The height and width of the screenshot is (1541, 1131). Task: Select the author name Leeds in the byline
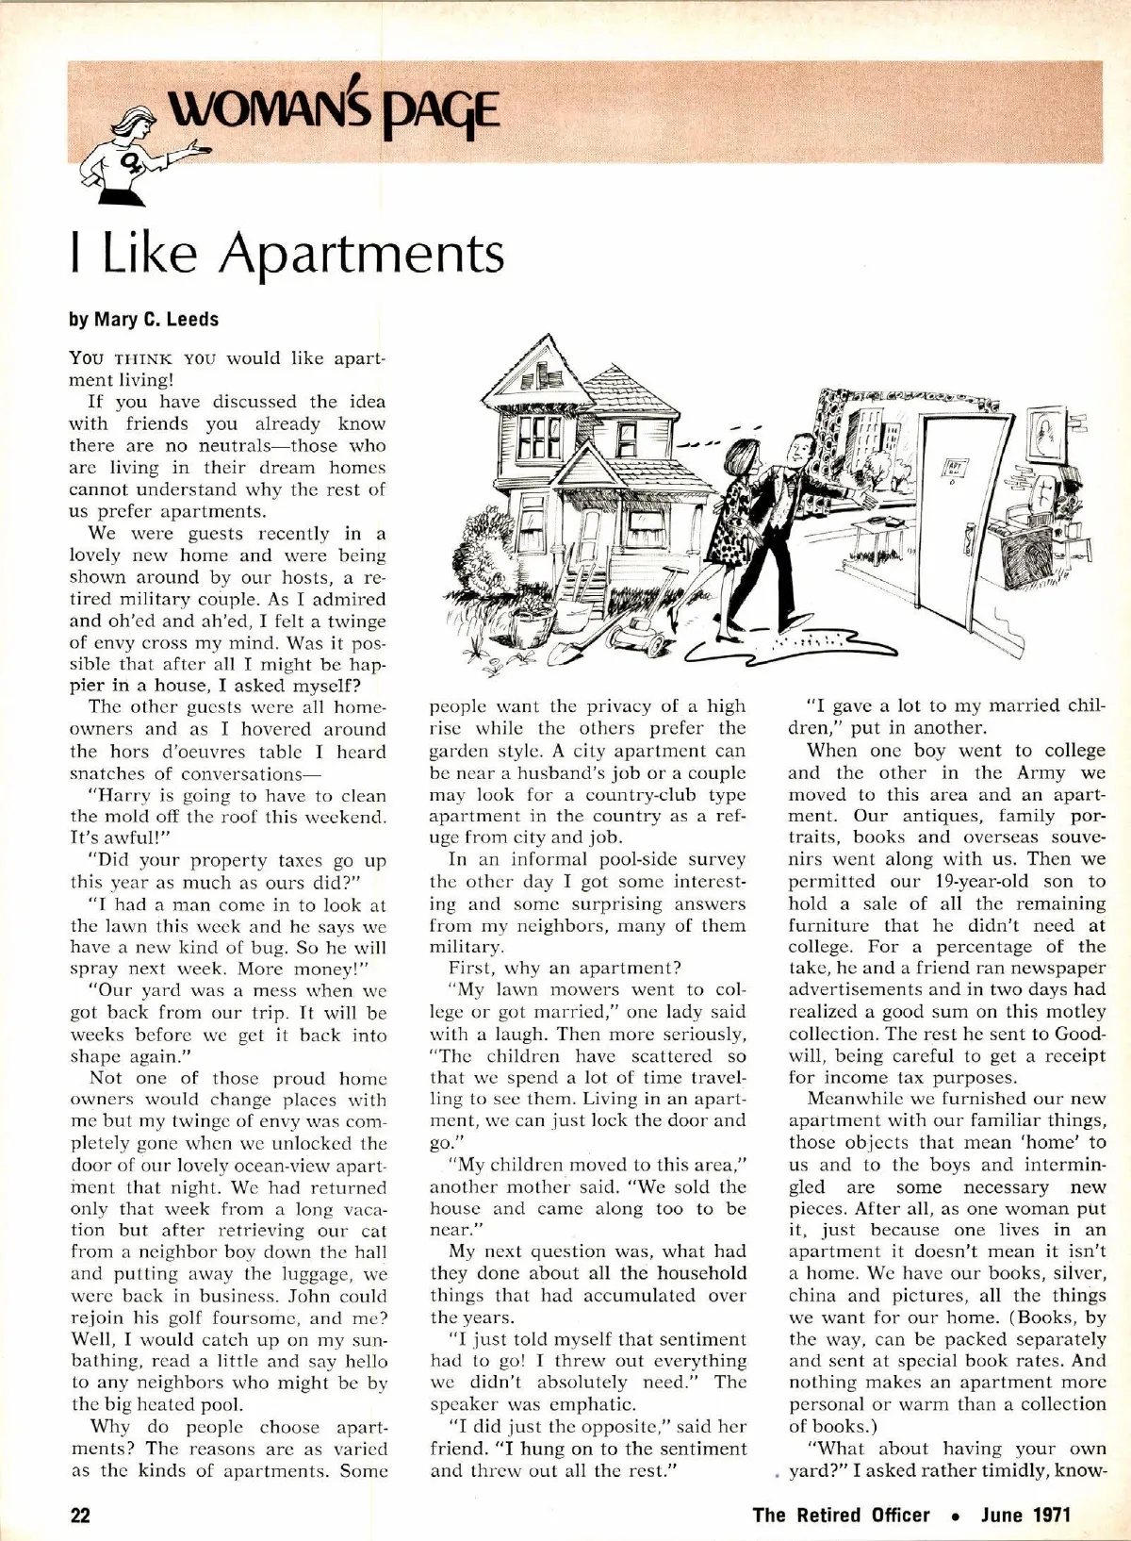[x=193, y=320]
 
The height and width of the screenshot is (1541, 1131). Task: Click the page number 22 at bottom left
[x=81, y=1516]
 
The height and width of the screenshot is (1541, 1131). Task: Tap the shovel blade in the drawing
[x=555, y=652]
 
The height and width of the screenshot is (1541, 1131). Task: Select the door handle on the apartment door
[x=968, y=539]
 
